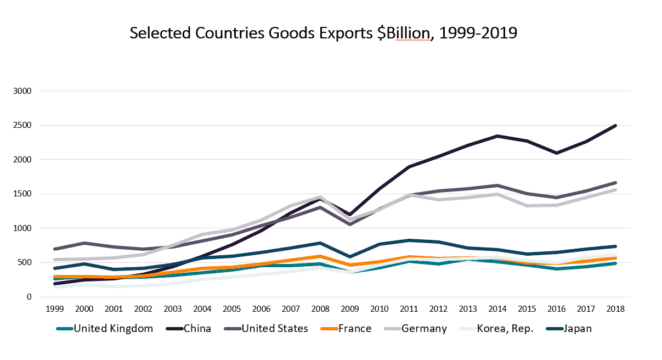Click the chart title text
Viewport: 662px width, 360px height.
[323, 33]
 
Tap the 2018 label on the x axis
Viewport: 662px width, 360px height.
[615, 309]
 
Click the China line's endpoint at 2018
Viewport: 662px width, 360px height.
[615, 126]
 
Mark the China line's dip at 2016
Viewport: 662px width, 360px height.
[557, 153]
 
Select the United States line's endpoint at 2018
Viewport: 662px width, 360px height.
[615, 183]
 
